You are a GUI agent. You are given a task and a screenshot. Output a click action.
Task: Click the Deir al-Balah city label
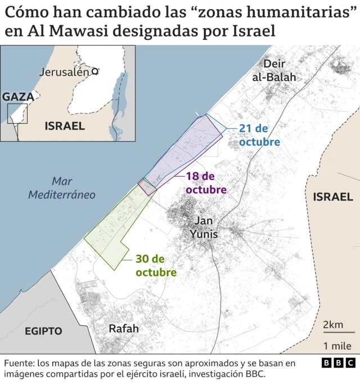[x=274, y=70]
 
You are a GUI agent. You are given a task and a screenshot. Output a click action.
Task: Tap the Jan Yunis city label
[x=203, y=227]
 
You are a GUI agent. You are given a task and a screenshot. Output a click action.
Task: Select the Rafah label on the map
[x=123, y=328]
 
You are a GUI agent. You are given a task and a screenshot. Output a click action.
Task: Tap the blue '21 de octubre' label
[x=259, y=135]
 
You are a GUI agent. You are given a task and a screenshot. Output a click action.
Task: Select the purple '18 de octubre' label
[x=206, y=183]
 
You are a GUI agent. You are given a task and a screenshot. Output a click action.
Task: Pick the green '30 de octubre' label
[x=156, y=265]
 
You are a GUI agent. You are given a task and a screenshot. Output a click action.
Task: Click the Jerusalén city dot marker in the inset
[x=95, y=71]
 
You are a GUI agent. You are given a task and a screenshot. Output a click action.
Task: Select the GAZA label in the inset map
[x=18, y=96]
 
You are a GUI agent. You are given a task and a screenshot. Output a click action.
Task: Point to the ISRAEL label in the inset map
[x=65, y=126]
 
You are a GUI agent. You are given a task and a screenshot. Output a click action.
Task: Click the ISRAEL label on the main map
[x=333, y=196]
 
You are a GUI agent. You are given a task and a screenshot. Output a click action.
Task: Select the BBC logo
[x=338, y=363]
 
